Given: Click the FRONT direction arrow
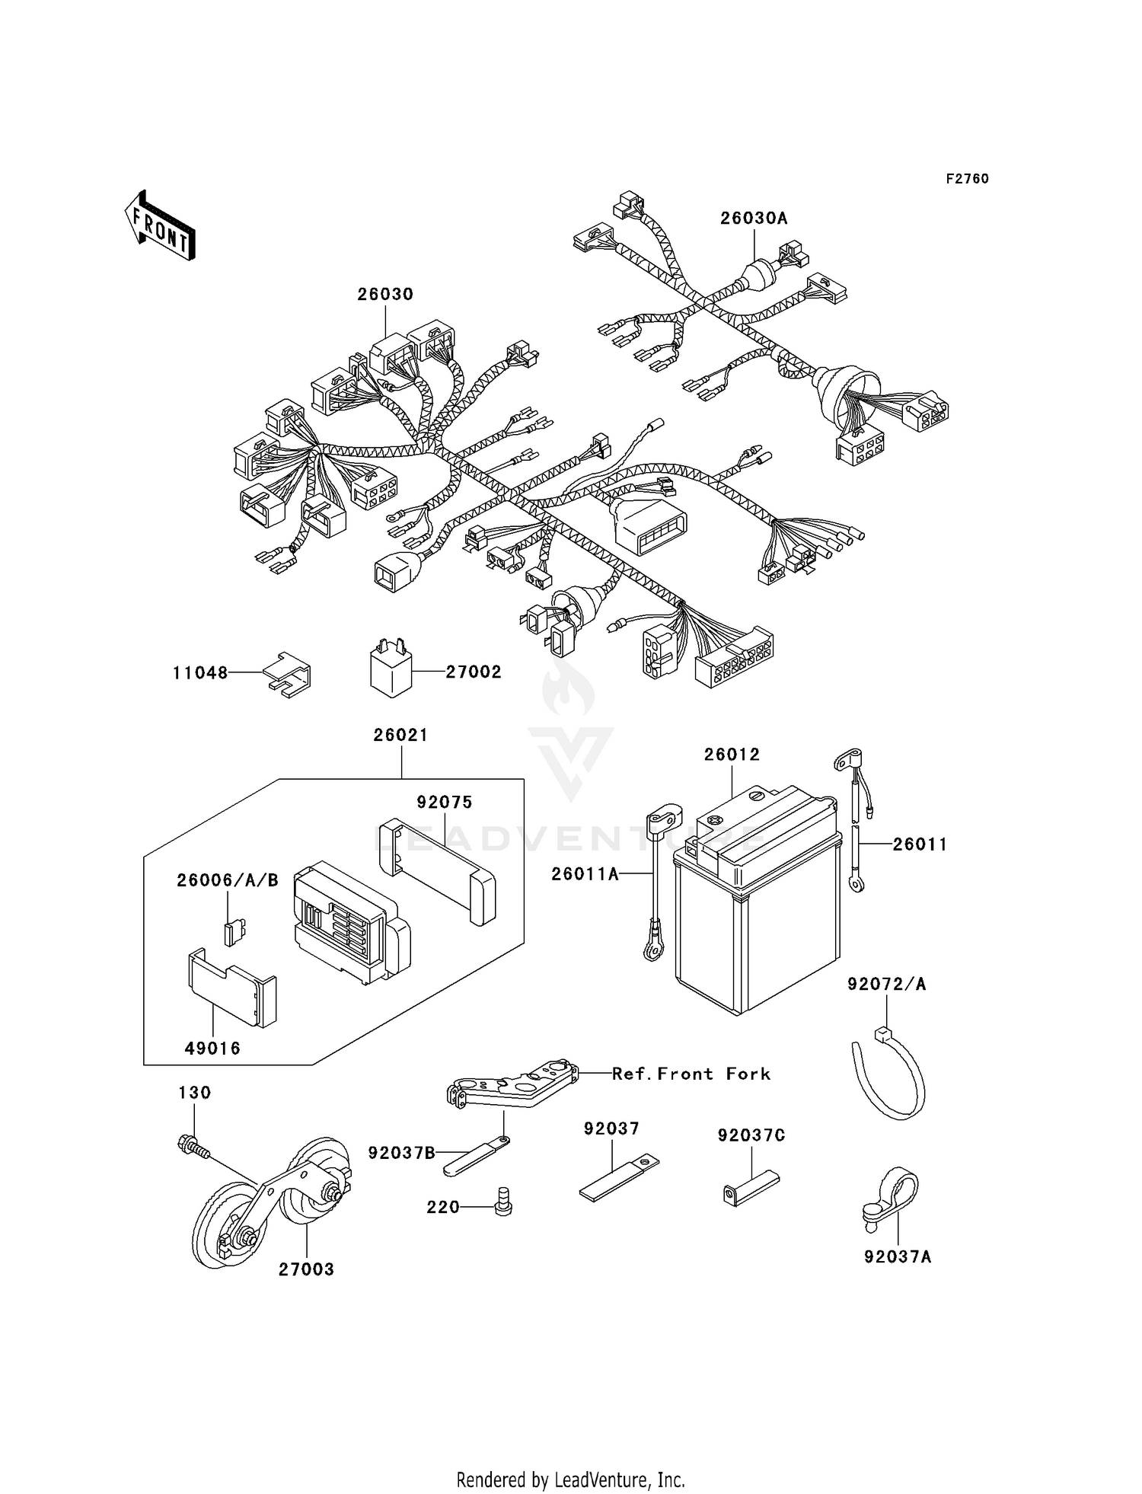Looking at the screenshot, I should (x=161, y=226).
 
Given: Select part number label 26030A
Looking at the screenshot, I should (x=754, y=219).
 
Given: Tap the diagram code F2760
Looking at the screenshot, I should (x=967, y=179).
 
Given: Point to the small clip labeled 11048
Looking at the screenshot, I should (x=288, y=674).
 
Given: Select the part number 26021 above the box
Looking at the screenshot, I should (x=400, y=736).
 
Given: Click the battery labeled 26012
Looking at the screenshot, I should (x=758, y=906).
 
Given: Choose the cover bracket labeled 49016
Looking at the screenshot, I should (x=230, y=988).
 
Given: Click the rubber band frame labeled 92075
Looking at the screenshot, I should (x=438, y=868).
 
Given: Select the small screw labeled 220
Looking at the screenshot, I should (x=503, y=1201).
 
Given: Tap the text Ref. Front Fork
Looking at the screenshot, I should (x=691, y=1074).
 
